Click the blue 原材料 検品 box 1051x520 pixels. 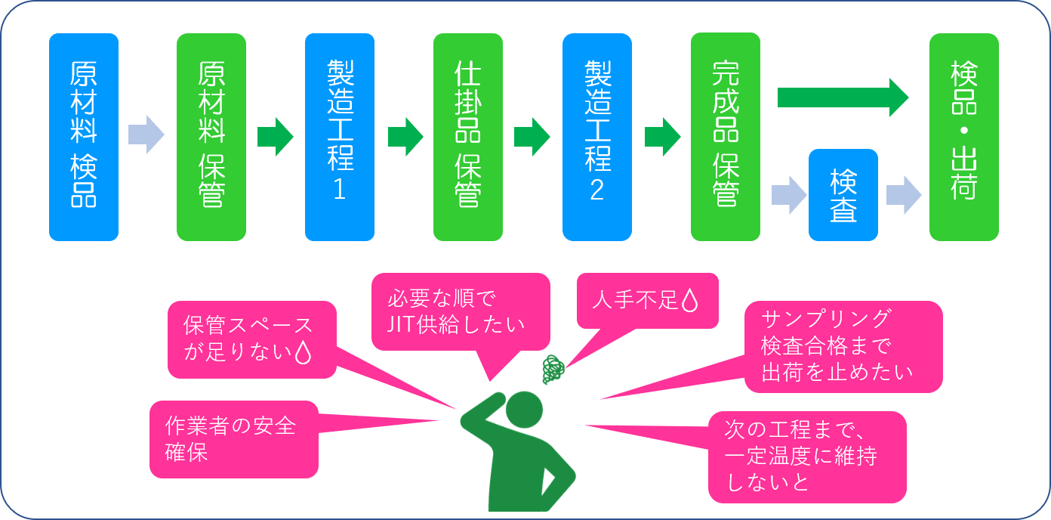83,137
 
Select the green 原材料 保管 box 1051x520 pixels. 211,137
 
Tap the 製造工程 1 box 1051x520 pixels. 339,137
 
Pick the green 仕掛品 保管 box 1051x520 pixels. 467,137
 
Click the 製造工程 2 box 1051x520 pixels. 596,137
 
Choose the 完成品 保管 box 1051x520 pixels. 725,137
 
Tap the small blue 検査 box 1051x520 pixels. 843,195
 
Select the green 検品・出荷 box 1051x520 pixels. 963,137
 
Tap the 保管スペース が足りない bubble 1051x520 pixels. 251,339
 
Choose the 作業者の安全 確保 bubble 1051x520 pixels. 233,439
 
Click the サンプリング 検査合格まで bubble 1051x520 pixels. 843,346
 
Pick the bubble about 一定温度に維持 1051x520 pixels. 806,457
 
